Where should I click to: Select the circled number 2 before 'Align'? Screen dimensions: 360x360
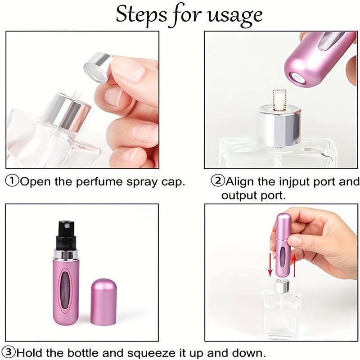[218, 182]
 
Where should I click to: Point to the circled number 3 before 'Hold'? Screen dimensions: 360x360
[11, 351]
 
